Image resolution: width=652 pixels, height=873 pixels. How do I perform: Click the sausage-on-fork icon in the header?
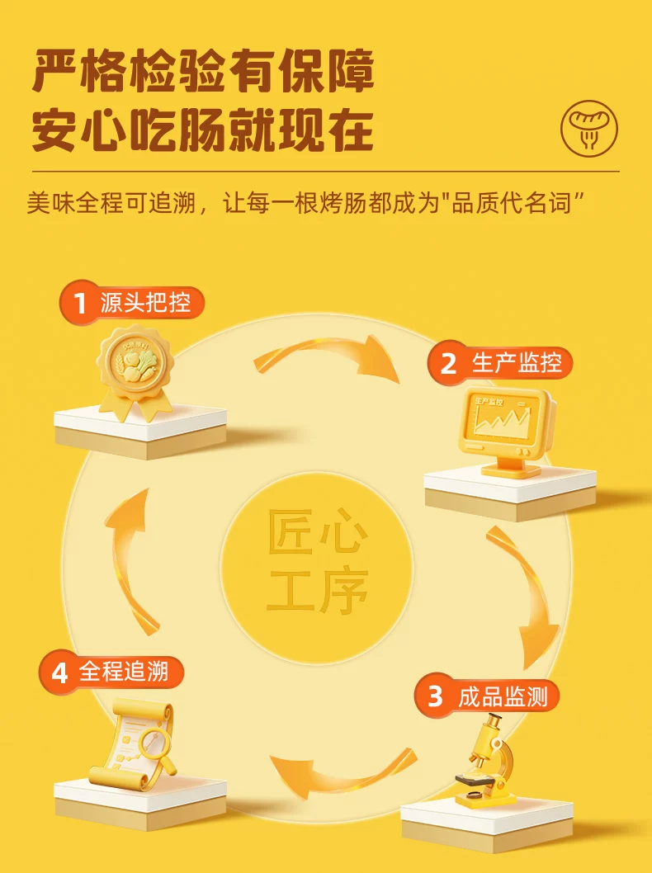coord(589,129)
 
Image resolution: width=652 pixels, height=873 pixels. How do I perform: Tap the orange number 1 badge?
coord(80,303)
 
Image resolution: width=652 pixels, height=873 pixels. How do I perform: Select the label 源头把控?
coord(145,302)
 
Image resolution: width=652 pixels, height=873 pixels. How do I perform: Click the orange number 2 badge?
coord(448,363)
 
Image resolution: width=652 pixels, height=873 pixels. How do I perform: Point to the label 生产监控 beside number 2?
coord(517,362)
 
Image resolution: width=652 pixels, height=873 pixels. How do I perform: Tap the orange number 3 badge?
coord(435,696)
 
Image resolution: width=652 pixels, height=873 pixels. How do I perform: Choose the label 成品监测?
coord(503,696)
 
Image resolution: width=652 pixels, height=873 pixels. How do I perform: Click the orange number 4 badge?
coord(59,672)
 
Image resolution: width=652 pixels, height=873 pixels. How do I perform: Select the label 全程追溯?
coord(124,672)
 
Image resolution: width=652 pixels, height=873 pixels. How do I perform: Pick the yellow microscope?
coord(481,761)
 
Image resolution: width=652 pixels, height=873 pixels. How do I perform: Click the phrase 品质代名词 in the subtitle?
coord(511,203)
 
